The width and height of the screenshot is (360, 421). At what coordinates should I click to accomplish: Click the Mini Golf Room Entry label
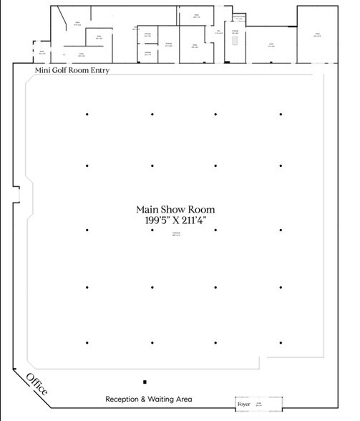tap(71, 70)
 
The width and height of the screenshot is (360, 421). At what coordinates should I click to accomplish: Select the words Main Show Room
tap(175, 209)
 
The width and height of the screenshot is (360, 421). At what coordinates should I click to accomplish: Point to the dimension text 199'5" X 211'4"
tap(175, 221)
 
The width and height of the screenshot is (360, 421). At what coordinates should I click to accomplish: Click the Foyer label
tap(244, 405)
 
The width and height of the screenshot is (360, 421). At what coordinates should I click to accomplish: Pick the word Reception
tap(125, 399)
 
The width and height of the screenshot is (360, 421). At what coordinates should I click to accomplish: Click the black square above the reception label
tap(145, 382)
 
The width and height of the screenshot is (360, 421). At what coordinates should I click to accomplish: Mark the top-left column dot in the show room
tap(87, 114)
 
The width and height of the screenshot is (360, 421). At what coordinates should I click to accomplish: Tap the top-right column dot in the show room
tap(281, 114)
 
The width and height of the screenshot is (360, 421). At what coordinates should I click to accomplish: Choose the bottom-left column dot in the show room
tap(87, 342)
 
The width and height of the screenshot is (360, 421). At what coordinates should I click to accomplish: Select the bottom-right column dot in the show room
tap(281, 342)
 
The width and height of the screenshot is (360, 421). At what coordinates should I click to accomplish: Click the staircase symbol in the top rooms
tap(233, 47)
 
